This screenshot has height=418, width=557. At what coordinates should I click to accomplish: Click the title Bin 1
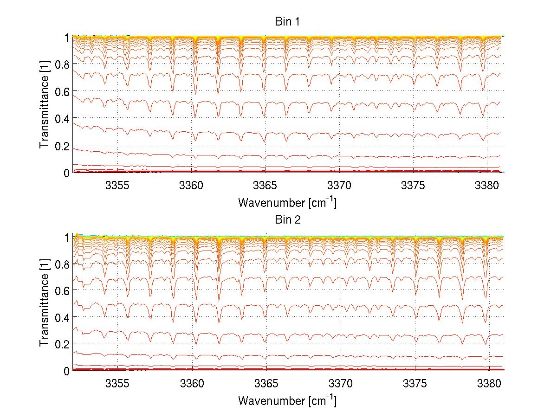[287, 22]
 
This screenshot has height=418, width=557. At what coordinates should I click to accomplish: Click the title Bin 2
[287, 220]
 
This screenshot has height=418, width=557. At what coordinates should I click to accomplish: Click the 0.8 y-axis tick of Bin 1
[62, 64]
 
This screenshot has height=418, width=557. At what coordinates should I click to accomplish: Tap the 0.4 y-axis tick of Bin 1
[62, 118]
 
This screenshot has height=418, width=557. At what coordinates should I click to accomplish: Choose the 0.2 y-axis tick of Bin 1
[62, 146]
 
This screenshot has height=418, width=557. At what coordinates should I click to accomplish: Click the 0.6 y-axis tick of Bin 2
[62, 290]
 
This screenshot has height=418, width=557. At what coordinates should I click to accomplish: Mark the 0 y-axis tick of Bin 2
[66, 371]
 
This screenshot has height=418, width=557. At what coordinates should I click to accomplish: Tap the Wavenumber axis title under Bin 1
[287, 202]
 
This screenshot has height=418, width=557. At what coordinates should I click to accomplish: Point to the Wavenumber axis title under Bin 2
[287, 400]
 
